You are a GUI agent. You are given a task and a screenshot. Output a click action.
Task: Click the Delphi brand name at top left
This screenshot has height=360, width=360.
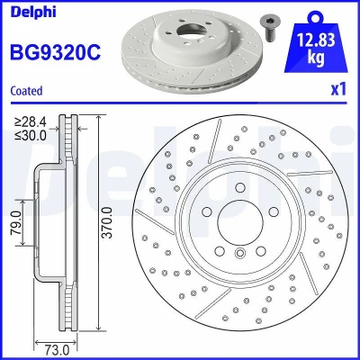(x=33, y=12)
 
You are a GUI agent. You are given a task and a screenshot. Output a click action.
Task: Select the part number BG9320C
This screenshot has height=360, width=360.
(x=56, y=52)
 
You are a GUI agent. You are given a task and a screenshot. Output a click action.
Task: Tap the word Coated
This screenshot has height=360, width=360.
(x=26, y=91)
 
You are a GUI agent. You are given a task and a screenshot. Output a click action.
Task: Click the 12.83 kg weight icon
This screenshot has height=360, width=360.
(x=316, y=42)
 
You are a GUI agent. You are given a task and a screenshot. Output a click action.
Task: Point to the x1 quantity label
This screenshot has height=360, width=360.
(x=338, y=89)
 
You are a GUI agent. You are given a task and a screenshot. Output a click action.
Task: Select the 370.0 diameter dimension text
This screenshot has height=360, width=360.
(x=107, y=222)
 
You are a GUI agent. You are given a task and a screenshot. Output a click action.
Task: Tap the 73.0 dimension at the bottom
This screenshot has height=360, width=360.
(x=57, y=350)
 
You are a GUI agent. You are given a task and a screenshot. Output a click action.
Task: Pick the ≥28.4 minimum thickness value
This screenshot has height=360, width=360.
(x=31, y=122)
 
